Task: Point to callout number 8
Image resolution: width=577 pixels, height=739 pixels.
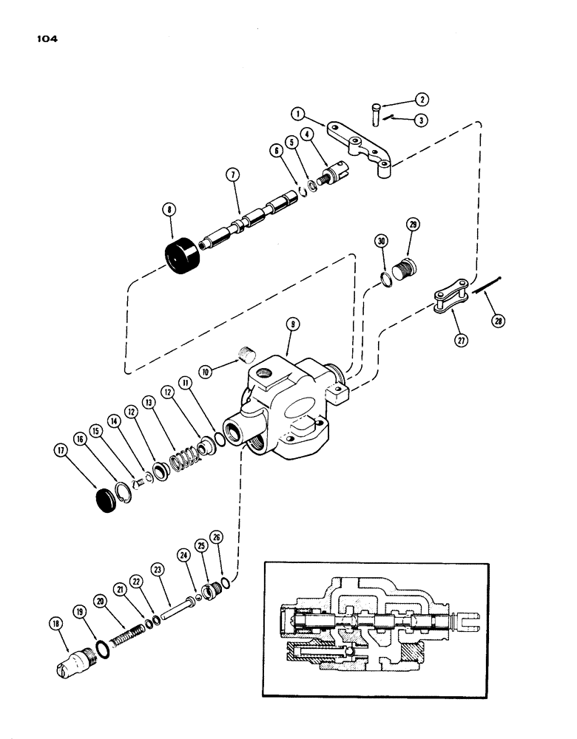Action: (x=169, y=210)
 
